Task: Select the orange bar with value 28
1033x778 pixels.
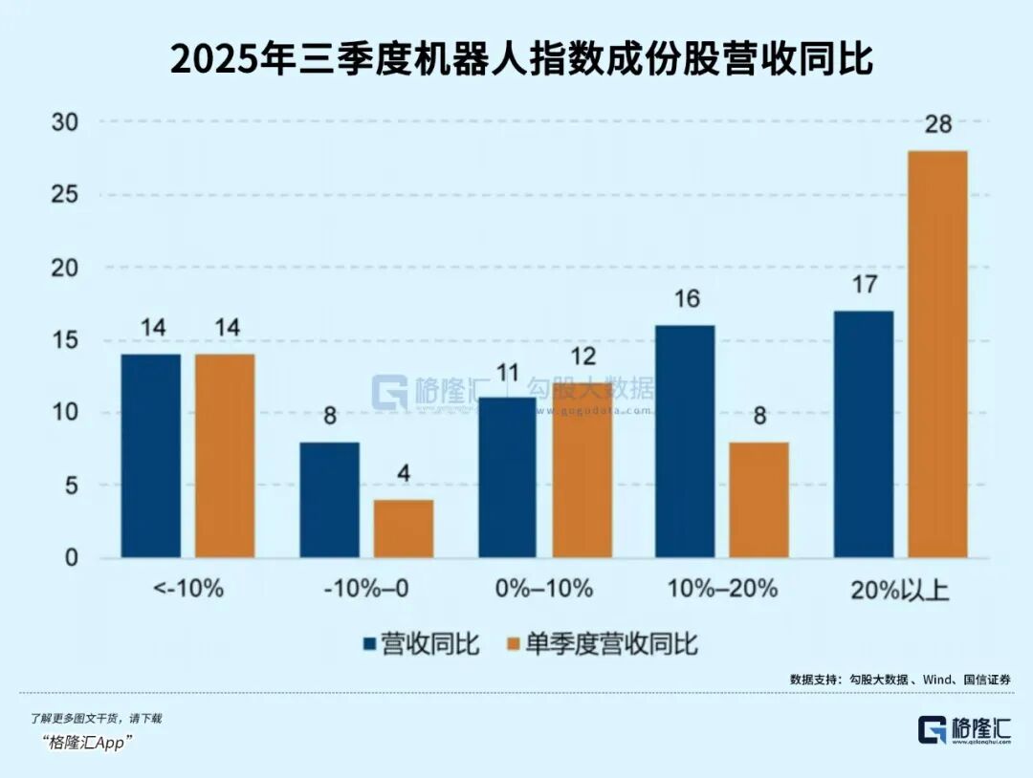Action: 937,354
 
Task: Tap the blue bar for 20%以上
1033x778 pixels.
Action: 864,435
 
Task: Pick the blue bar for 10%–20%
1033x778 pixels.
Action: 685,442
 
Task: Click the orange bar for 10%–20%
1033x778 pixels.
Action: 759,500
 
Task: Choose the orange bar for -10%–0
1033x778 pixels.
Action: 403,529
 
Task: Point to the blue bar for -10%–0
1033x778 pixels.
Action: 330,500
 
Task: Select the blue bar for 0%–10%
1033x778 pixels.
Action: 507,478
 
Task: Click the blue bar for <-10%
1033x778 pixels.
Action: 151,456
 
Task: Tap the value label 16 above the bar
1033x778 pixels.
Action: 685,299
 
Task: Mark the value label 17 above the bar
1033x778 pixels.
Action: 864,285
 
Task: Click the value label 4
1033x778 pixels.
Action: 403,474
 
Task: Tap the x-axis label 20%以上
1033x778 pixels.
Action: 899,589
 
